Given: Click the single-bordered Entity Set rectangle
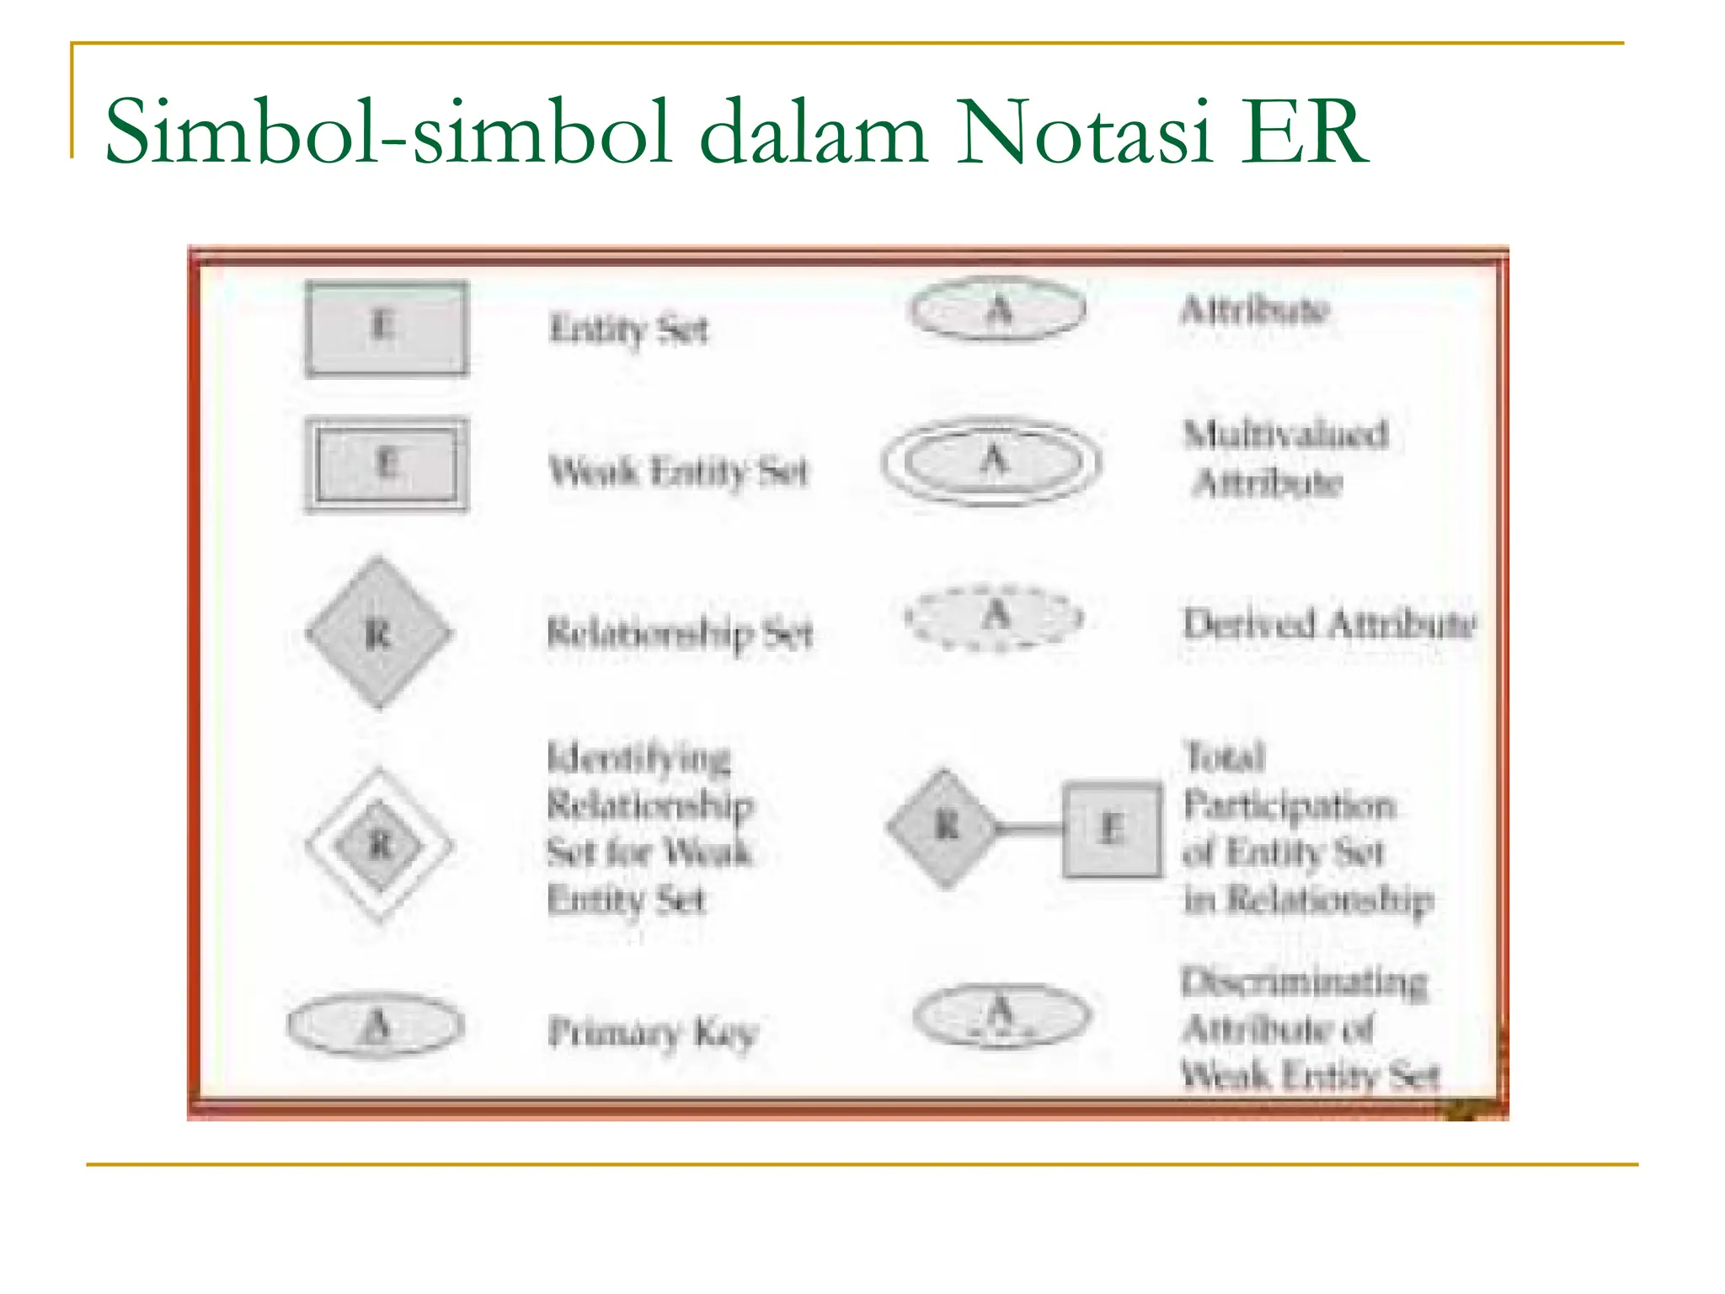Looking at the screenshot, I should tap(387, 328).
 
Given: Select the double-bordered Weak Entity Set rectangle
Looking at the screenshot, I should tap(387, 465).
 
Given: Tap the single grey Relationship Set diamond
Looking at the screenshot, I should tap(378, 633).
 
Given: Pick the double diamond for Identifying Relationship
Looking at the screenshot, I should tap(380, 845).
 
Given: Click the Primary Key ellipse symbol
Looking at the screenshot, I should tap(376, 1025).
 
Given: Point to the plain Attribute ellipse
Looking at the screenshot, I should tap(998, 309).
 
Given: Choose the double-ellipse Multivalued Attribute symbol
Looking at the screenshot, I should tap(992, 462).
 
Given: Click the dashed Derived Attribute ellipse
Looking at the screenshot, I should tap(994, 617).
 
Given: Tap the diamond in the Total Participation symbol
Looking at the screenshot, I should tap(944, 828).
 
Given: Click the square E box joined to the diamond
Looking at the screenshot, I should tap(1112, 829).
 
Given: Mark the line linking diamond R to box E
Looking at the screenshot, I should tap(1029, 829).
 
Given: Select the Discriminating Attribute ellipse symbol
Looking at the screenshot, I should tap(1001, 1014).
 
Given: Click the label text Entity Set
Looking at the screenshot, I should tap(628, 329).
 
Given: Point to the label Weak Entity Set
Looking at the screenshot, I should tap(678, 471).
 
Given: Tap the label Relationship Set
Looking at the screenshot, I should tap(680, 634).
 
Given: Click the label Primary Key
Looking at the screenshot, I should tap(653, 1031).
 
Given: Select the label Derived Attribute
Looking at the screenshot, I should tap(1329, 624).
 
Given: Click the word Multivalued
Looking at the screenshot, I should tap(1285, 435).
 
